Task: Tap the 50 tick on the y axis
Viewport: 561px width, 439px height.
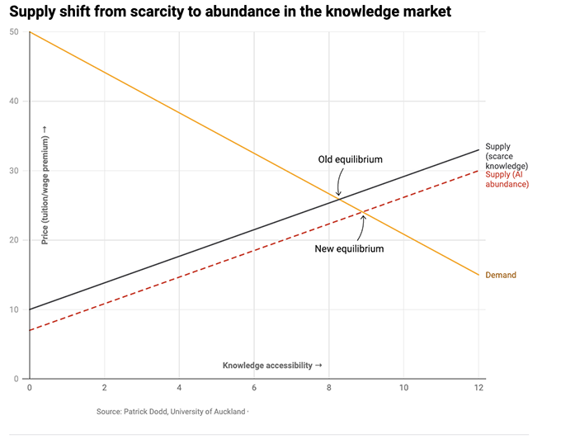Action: pyautogui.click(x=14, y=32)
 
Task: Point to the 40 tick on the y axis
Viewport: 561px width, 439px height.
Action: pyautogui.click(x=14, y=101)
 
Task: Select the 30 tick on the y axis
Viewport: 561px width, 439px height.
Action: pyautogui.click(x=14, y=171)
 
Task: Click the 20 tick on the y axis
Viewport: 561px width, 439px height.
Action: pyautogui.click(x=14, y=240)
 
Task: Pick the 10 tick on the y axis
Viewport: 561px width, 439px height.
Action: pyautogui.click(x=14, y=309)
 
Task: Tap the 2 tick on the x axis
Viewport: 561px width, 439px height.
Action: pyautogui.click(x=105, y=387)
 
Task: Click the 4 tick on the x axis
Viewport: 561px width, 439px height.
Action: pyautogui.click(x=179, y=387)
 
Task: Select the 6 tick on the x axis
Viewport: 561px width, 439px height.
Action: pyautogui.click(x=254, y=387)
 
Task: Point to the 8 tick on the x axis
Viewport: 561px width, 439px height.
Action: pyautogui.click(x=329, y=387)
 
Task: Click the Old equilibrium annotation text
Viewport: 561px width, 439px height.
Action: pyautogui.click(x=350, y=159)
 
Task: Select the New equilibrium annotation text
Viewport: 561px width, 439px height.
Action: pyautogui.click(x=350, y=248)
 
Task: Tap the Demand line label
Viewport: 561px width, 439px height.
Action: pyautogui.click(x=500, y=275)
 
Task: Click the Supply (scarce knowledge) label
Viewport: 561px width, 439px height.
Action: pyautogui.click(x=507, y=156)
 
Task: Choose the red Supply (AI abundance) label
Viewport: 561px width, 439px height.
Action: pyautogui.click(x=507, y=178)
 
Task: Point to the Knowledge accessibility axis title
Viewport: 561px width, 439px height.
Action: pyautogui.click(x=271, y=365)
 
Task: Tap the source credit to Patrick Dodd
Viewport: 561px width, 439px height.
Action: pyautogui.click(x=172, y=410)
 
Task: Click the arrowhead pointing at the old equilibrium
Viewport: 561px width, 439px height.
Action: pyautogui.click(x=338, y=196)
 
